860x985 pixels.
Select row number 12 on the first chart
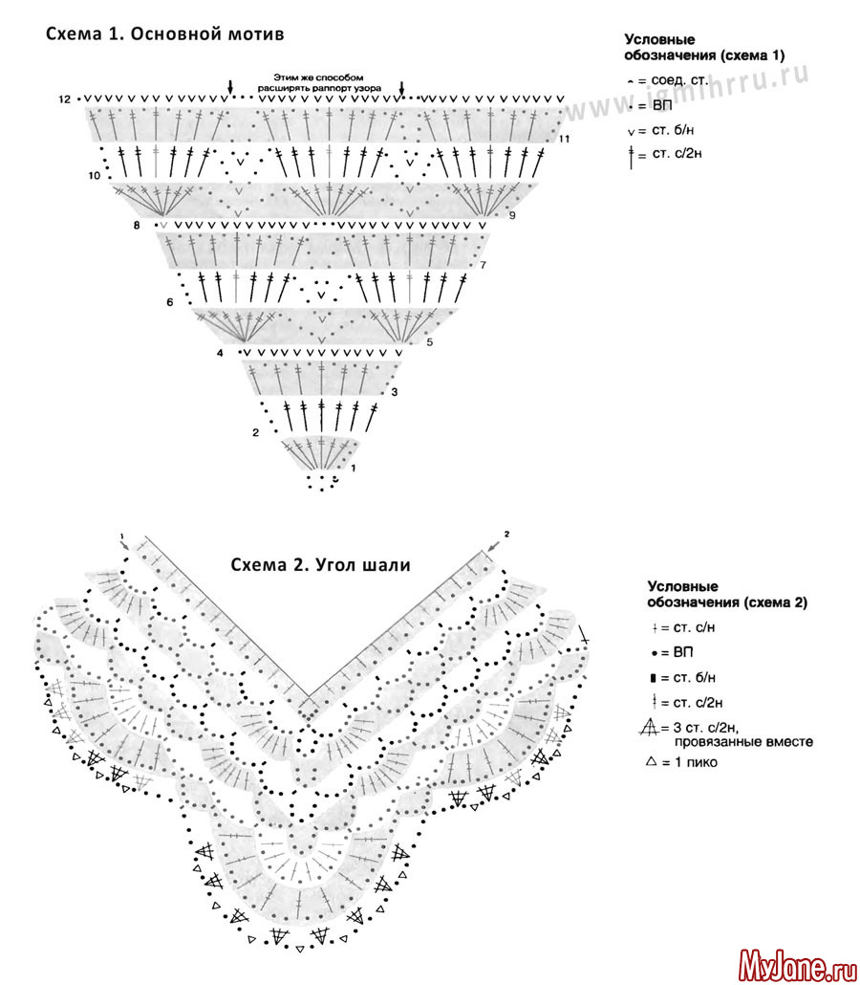(64, 99)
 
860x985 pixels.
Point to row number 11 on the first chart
(565, 140)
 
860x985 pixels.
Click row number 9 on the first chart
(512, 215)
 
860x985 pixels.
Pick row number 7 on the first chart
(484, 265)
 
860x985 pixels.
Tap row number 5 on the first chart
(429, 341)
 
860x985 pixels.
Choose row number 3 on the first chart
(394, 392)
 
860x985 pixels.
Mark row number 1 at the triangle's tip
(353, 468)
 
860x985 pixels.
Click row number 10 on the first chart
(94, 176)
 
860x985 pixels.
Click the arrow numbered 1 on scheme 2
(124, 542)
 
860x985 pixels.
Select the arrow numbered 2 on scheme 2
(496, 541)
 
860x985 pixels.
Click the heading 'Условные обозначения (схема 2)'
(727, 595)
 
